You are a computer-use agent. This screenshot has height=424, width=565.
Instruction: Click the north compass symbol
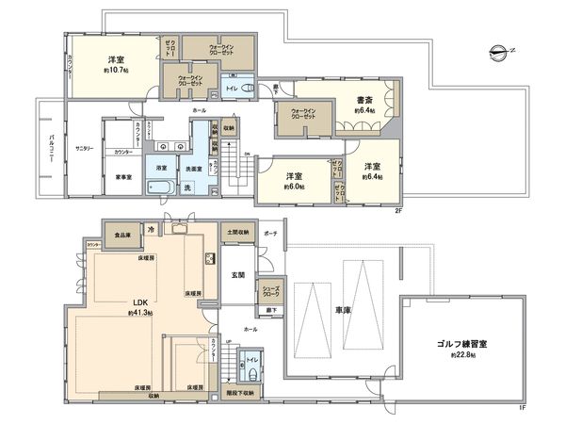pos(498,51)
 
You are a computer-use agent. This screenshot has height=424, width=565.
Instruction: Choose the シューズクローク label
pos(269,293)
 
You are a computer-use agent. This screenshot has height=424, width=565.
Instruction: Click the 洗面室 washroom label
pos(195,169)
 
